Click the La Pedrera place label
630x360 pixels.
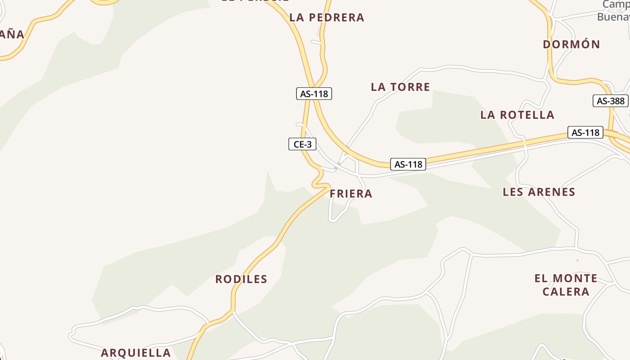click(327, 18)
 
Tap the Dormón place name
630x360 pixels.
click(571, 44)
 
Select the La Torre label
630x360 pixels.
click(400, 87)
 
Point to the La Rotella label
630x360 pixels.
click(517, 115)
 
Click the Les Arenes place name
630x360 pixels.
click(539, 192)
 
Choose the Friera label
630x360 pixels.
click(351, 194)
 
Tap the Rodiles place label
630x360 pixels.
click(241, 279)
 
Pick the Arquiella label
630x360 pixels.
click(135, 353)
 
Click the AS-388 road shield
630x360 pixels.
click(610, 101)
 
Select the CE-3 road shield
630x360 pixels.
click(302, 144)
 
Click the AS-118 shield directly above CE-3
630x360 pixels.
click(314, 94)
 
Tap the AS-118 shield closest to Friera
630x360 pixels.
click(408, 164)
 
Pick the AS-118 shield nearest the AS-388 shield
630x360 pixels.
click(585, 132)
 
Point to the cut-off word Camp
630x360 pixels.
click(616, 4)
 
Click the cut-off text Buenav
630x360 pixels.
click(613, 17)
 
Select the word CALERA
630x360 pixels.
click(566, 292)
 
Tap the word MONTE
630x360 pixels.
click(576, 279)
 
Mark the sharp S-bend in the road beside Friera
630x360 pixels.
click(319, 177)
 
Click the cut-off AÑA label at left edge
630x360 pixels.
click(12, 34)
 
